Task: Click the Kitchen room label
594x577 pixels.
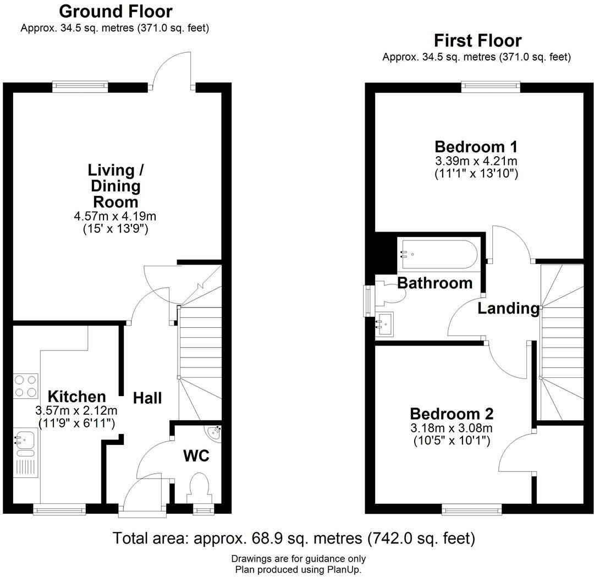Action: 76,396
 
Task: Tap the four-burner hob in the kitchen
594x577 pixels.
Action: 25,386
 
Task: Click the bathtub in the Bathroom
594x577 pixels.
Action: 437,254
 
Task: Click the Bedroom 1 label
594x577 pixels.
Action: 476,147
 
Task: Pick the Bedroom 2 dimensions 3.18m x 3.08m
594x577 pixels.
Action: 452,428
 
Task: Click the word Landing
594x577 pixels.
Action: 508,309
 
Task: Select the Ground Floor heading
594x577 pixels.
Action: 116,11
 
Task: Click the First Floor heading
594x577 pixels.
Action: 477,41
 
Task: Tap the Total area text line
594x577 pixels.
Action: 294,537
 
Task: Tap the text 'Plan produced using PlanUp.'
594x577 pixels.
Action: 298,569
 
